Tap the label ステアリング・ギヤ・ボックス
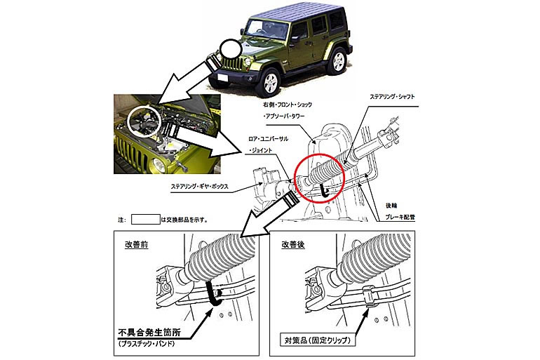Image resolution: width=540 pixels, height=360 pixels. (x=204, y=187)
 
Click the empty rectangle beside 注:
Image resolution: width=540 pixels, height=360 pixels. (x=146, y=219)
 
